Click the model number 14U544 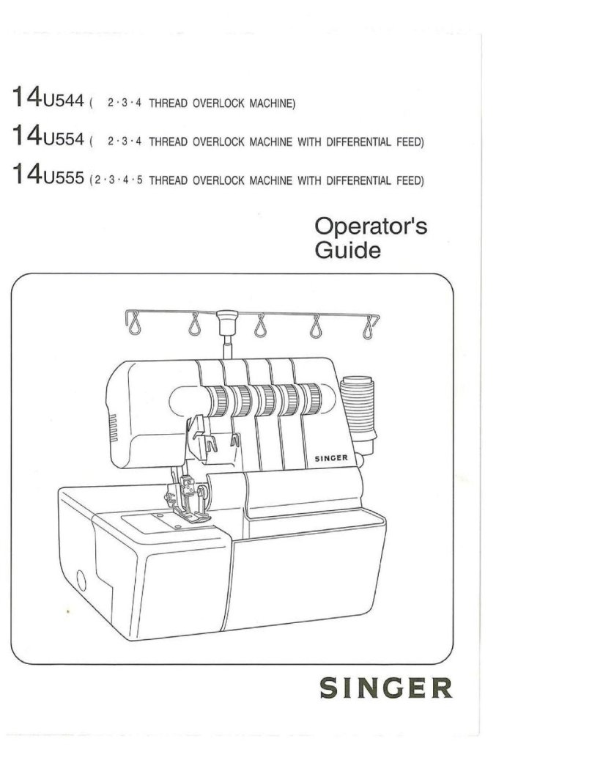(x=48, y=98)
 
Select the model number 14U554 (x=48, y=137)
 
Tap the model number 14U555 (x=48, y=176)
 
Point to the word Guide (x=347, y=251)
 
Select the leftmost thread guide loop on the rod (x=136, y=321)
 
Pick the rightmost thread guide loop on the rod (x=371, y=323)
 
